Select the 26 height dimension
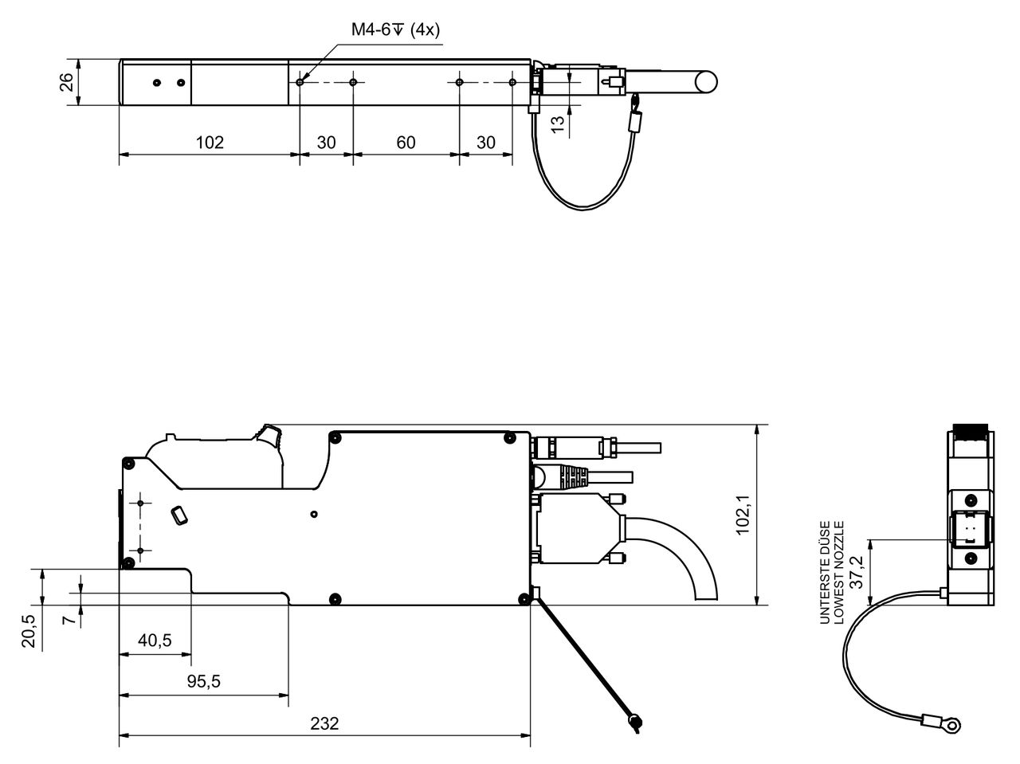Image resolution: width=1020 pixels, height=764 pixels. [x=68, y=82]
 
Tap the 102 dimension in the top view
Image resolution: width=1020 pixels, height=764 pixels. [x=210, y=143]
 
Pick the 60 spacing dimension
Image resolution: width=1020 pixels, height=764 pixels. [x=406, y=143]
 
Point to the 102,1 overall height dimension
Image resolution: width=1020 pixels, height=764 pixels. [x=743, y=515]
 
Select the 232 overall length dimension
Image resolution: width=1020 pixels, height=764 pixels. [x=324, y=723]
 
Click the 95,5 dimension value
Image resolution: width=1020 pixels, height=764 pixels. [x=203, y=681]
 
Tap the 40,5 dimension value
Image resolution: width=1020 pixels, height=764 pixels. [x=155, y=641]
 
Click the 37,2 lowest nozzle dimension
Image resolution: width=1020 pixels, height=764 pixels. [x=856, y=572]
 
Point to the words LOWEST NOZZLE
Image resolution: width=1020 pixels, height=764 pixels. [x=838, y=572]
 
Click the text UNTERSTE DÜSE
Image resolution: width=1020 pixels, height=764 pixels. [x=825, y=572]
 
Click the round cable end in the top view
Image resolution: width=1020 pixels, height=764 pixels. [x=704, y=81]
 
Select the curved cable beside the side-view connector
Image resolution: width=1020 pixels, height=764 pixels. [x=685, y=550]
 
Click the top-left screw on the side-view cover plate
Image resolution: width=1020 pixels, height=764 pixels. [x=335, y=437]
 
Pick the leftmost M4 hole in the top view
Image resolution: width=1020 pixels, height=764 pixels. [x=300, y=82]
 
